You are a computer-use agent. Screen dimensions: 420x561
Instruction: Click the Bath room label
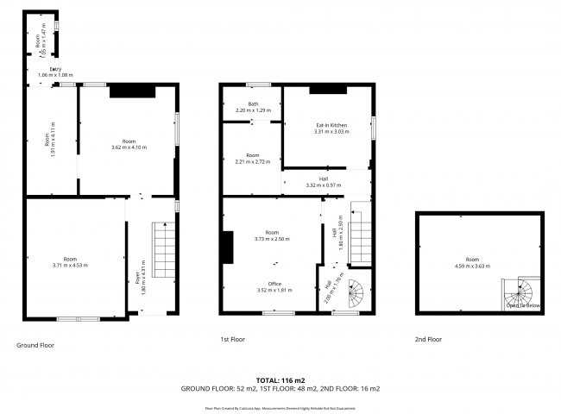[253, 104]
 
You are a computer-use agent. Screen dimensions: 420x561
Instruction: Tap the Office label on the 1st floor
[274, 283]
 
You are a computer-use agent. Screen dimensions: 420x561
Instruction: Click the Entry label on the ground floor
[55, 69]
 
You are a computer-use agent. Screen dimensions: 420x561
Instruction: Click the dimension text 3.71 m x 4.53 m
[71, 266]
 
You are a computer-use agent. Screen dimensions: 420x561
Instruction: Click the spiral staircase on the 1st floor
[355, 297]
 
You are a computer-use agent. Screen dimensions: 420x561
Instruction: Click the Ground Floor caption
[35, 344]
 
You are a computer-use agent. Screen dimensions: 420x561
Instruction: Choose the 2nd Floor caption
[428, 340]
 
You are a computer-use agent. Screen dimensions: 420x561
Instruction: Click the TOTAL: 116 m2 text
[280, 379]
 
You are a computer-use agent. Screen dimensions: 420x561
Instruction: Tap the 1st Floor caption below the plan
[232, 340]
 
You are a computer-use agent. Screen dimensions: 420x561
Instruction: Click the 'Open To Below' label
[523, 305]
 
